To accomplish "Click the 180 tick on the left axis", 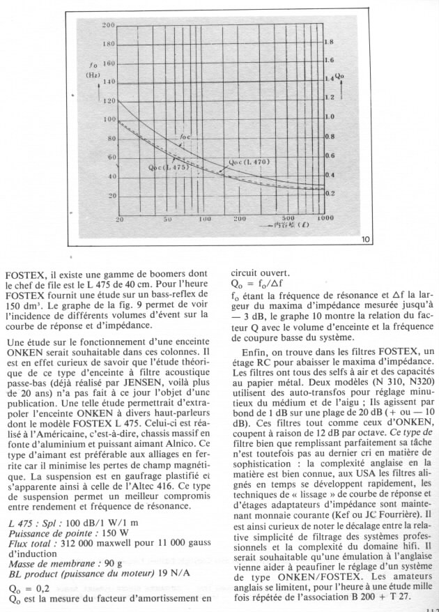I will click(108, 44).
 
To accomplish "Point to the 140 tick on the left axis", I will click(108, 82).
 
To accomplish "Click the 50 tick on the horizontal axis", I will click(167, 220).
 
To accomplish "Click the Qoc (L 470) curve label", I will click(249, 162).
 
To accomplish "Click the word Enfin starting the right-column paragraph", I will click(256, 353).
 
